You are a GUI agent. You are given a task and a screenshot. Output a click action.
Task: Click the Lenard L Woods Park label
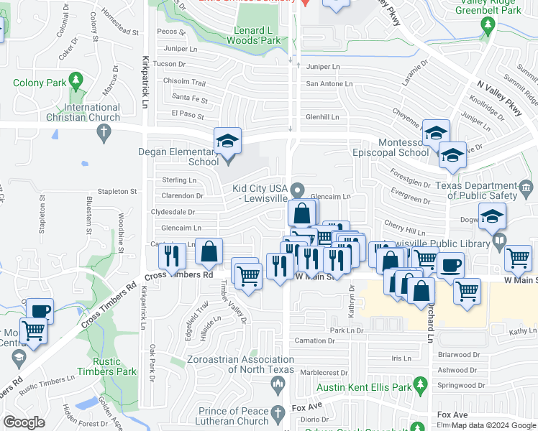pos(257,35)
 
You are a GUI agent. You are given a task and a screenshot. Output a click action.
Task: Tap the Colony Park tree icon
pos(75,80)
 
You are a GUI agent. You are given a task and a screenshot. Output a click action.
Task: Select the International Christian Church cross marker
pos(104,131)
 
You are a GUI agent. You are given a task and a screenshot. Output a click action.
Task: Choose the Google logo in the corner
pos(24,422)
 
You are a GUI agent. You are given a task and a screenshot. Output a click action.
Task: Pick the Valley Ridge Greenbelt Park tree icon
pos(488,24)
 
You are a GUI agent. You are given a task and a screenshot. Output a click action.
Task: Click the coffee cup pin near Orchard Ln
pos(450,264)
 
